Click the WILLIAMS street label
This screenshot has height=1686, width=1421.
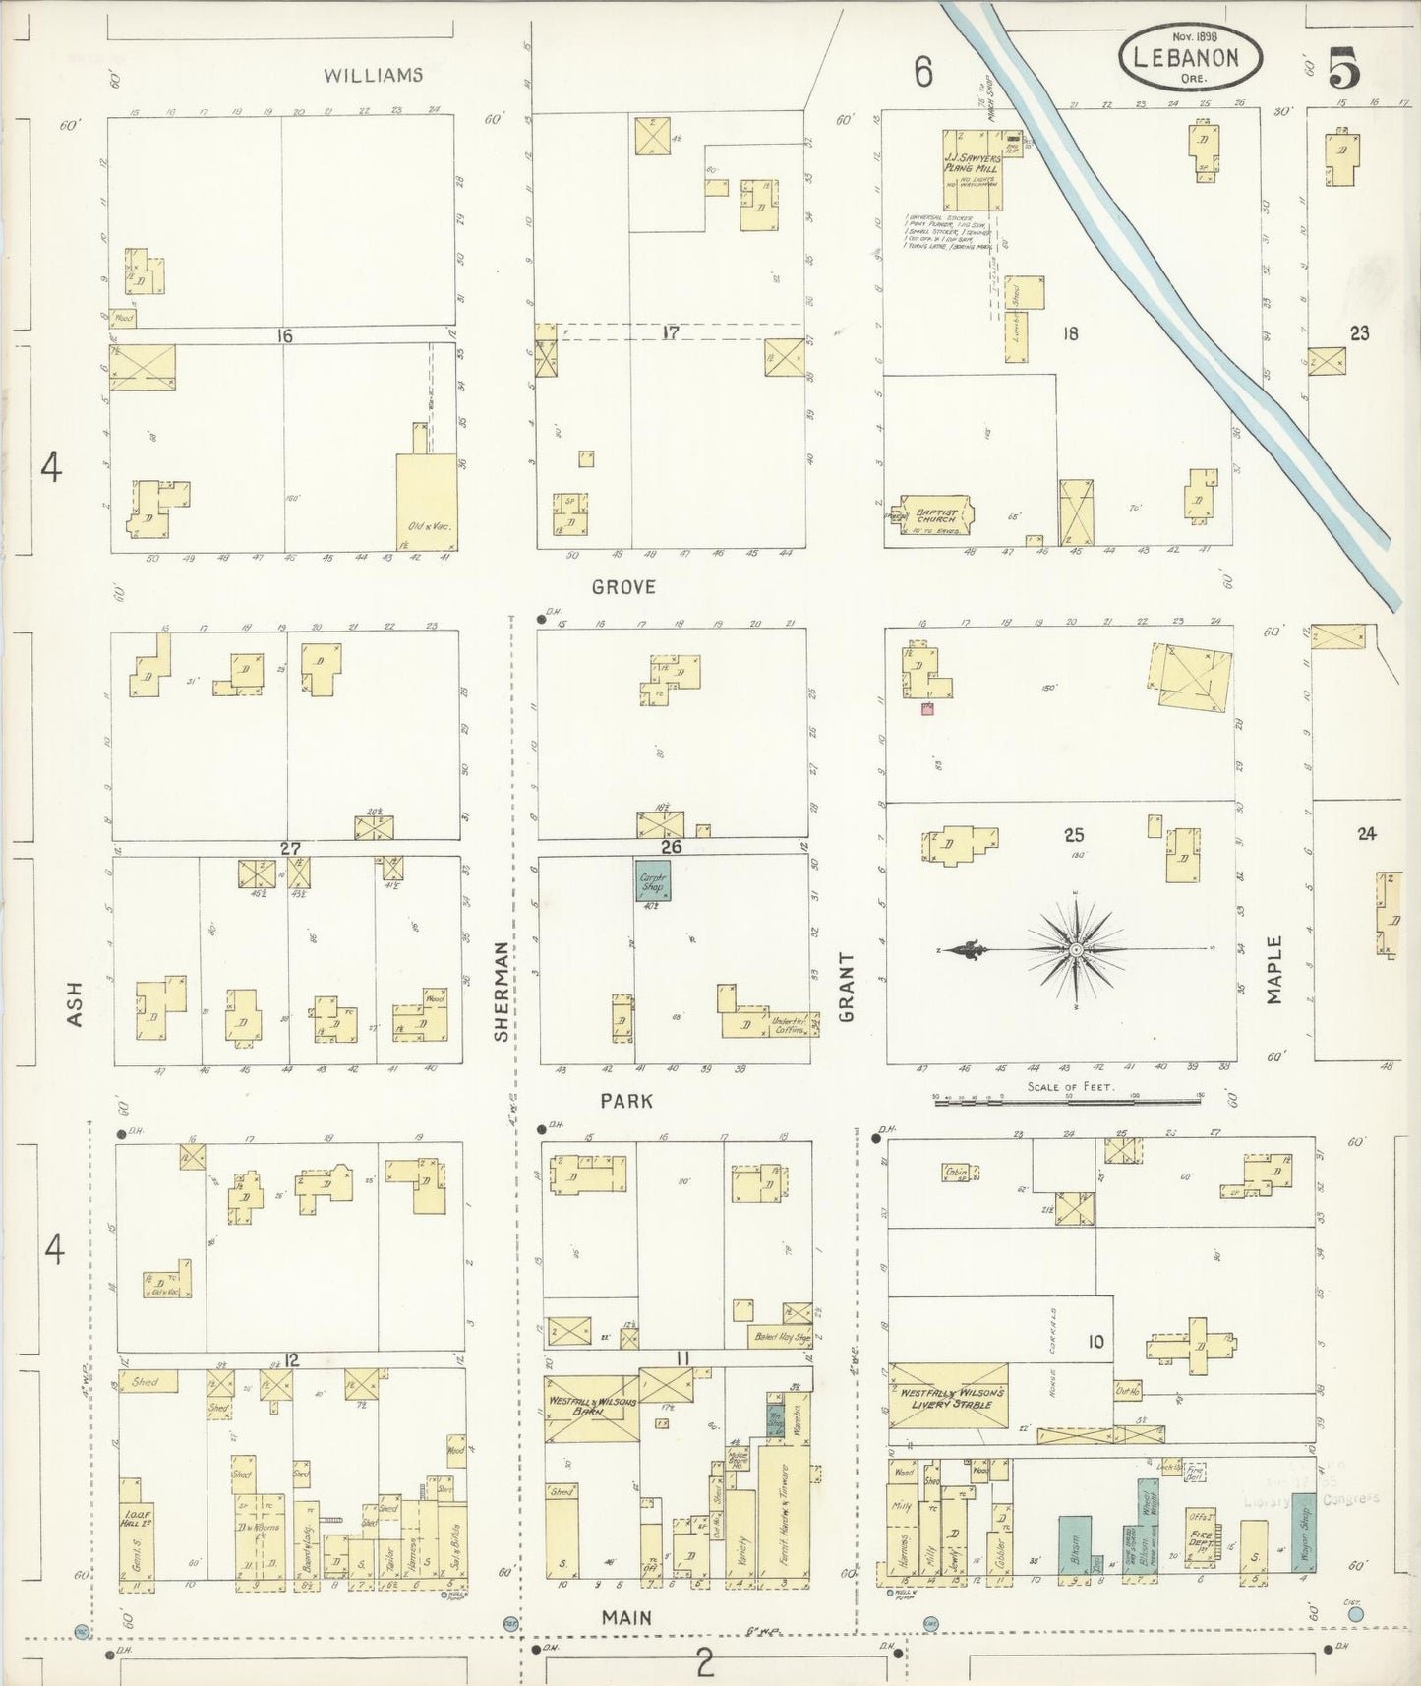(374, 75)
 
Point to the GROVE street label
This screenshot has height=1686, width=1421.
(623, 587)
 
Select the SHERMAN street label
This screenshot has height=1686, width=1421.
(502, 991)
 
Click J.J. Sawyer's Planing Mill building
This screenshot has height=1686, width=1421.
(973, 169)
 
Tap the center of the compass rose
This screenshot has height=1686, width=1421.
(1076, 950)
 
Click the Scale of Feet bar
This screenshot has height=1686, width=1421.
(1069, 1103)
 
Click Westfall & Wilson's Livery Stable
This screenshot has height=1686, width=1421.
(949, 1398)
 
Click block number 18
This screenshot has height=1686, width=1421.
(1070, 333)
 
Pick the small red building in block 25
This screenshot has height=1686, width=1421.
(925, 708)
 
